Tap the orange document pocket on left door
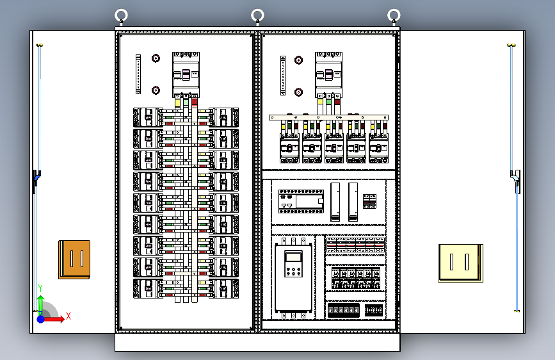coord(74,259)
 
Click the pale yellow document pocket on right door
coord(461,263)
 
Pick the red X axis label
coord(68,316)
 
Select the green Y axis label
coord(40,288)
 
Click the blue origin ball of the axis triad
coord(41,319)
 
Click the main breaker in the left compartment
coord(186,75)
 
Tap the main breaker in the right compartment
coord(329,75)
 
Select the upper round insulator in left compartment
coord(156,58)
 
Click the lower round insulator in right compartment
coord(299,92)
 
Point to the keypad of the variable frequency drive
coord(293,264)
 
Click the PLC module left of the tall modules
coord(301,201)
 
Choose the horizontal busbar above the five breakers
coord(328,118)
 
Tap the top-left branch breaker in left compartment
coord(148,117)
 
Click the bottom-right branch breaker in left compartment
coord(223,288)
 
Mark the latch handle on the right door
coord(516,181)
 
